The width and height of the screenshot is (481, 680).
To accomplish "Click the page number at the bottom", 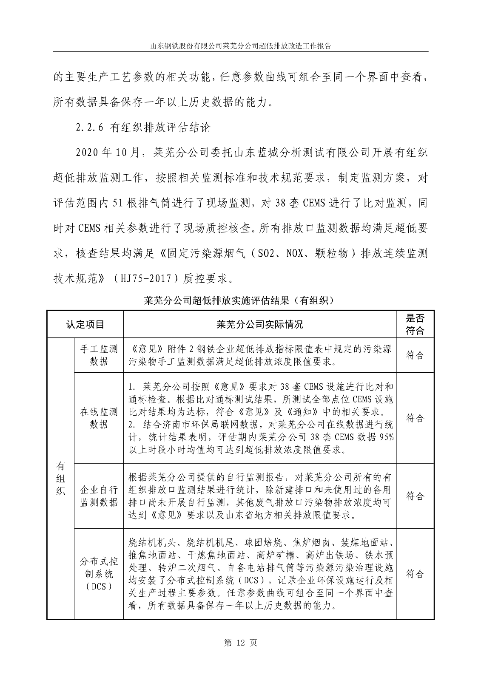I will click(x=240, y=643).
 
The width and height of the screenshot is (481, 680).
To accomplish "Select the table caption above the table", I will click(x=240, y=300).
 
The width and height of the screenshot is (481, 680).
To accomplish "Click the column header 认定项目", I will click(x=85, y=325).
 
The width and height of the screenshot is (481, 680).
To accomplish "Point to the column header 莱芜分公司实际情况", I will click(x=259, y=325).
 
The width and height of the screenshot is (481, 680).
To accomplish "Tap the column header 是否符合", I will click(x=415, y=325).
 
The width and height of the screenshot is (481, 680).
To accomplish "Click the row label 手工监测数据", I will click(x=99, y=355).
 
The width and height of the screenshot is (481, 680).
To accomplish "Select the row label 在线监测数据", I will click(x=99, y=418).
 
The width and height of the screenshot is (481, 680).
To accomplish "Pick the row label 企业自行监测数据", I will click(x=99, y=496).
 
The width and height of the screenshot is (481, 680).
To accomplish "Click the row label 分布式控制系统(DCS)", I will click(x=99, y=574).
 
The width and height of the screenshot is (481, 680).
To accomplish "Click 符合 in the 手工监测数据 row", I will click(x=415, y=355).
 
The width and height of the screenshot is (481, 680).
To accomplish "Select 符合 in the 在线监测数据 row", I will click(x=415, y=418).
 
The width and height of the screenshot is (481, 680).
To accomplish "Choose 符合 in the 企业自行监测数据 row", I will click(x=415, y=496).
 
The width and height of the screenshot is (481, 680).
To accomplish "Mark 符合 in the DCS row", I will click(x=415, y=574).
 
